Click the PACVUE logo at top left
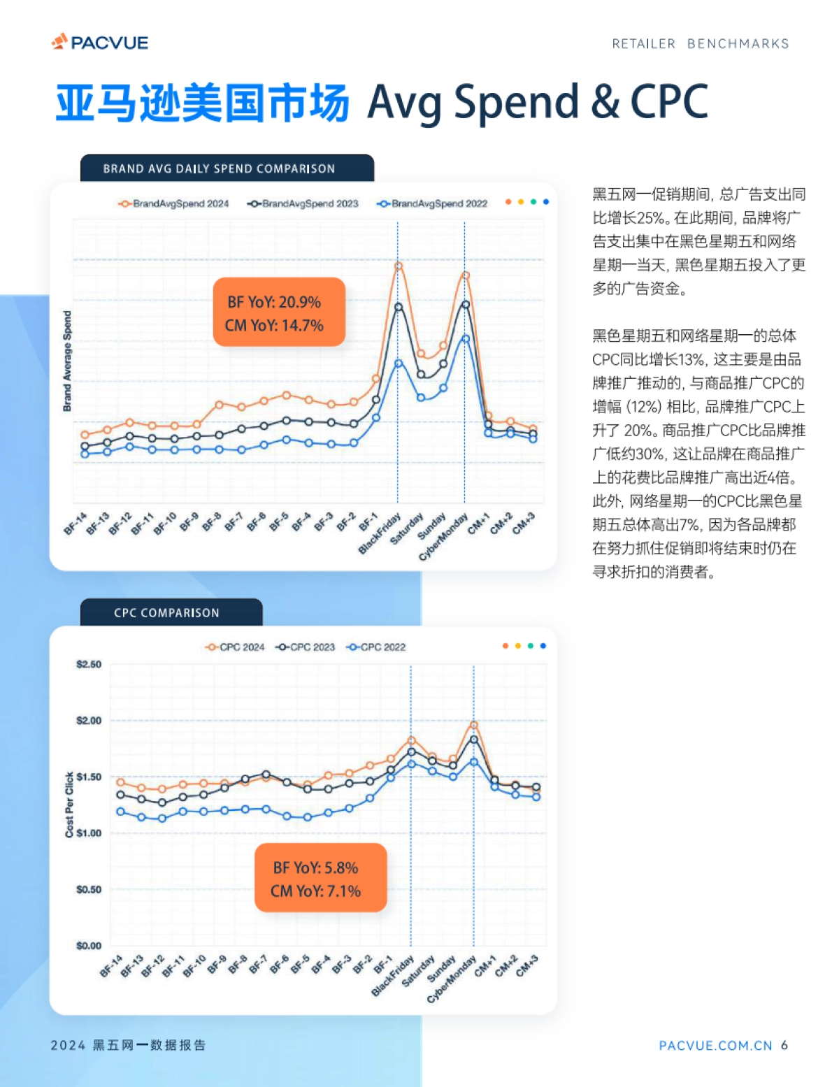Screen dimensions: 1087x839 click(100, 43)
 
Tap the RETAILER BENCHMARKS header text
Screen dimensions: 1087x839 click(700, 44)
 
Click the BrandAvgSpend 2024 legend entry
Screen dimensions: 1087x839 click(174, 203)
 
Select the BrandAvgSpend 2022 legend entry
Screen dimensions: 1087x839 click(432, 203)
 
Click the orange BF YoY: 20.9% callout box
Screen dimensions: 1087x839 click(279, 312)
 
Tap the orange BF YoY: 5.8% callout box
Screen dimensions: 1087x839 click(320, 878)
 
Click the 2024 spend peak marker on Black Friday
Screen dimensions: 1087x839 click(398, 266)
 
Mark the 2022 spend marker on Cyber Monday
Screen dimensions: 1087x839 click(465, 338)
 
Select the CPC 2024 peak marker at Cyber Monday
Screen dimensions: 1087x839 click(473, 725)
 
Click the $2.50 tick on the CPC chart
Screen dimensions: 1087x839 click(89, 664)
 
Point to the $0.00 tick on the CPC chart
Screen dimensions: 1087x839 click(89, 946)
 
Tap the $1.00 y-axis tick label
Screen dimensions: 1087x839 click(89, 833)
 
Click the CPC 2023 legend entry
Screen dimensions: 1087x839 click(306, 647)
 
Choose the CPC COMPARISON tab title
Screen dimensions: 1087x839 click(167, 613)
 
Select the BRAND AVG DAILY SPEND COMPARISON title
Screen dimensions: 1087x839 click(219, 168)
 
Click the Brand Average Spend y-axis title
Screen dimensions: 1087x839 click(67, 361)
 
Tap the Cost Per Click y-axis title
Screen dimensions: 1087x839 click(69, 805)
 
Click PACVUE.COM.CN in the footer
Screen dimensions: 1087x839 click(715, 1046)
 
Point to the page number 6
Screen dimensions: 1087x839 click(784, 1045)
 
